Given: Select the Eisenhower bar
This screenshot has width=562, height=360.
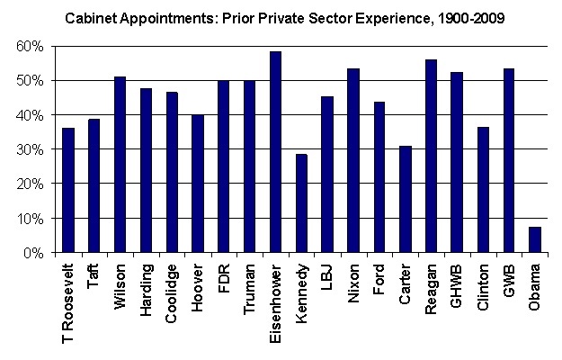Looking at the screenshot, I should [275, 152].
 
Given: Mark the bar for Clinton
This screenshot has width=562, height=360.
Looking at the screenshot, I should [484, 190].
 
